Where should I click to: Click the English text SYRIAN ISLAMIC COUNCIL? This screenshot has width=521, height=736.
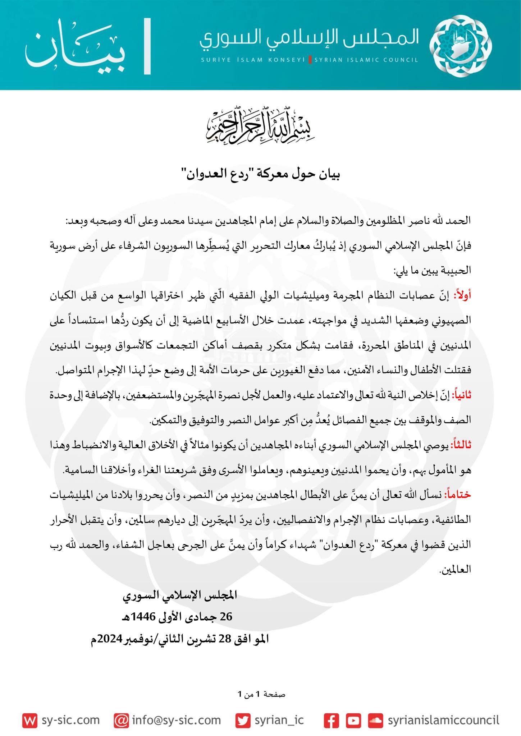(x=366, y=60)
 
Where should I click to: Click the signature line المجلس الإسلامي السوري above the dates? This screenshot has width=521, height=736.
(x=180, y=595)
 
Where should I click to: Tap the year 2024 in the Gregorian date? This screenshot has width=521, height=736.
(x=109, y=639)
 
